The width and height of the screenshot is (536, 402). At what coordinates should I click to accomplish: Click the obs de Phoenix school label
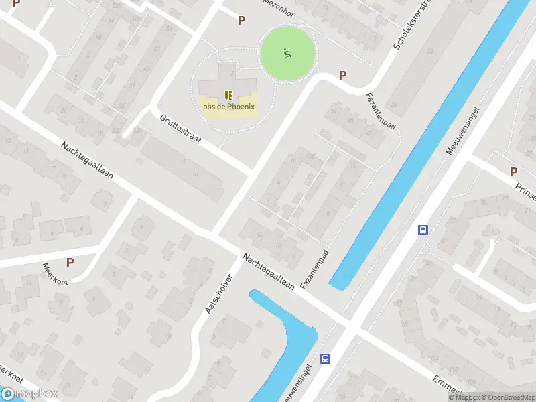(228, 107)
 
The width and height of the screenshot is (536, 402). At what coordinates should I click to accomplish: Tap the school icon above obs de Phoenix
(228, 95)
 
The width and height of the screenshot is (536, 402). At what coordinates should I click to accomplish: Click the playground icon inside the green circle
(287, 53)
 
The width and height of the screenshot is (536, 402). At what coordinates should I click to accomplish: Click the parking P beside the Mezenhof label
(241, 20)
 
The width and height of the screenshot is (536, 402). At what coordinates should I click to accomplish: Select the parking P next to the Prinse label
(513, 172)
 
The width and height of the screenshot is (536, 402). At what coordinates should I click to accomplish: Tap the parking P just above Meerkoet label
(70, 262)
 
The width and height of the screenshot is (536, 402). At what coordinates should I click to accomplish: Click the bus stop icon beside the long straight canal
(423, 230)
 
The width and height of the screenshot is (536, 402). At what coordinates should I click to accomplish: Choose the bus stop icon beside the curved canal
(325, 358)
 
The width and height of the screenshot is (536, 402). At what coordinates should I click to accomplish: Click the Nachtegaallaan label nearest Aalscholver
(269, 271)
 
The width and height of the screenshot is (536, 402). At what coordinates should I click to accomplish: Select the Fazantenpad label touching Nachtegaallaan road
(317, 269)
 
